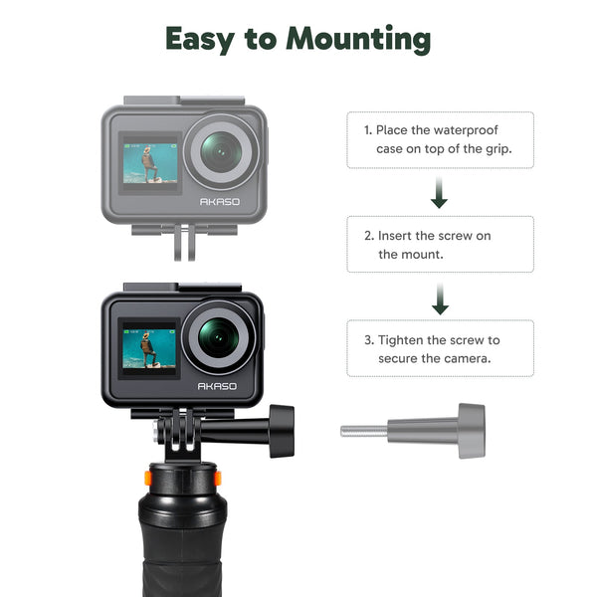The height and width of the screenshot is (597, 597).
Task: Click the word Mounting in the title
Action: [358, 39]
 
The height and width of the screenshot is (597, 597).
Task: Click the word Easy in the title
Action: [200, 39]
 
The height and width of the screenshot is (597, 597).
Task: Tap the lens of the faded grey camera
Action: [221, 151]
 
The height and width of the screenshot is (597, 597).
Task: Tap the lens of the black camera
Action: [218, 338]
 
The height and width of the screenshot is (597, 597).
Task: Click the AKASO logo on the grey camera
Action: [220, 201]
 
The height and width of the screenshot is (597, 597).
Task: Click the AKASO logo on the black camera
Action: [217, 386]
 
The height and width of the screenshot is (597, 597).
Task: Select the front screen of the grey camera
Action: [150, 163]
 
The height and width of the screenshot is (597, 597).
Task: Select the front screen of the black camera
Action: [149, 348]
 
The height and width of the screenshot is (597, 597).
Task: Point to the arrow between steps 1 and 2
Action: [439, 192]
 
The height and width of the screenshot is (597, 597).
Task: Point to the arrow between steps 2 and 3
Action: [440, 298]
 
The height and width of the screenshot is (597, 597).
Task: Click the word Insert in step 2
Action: [394, 236]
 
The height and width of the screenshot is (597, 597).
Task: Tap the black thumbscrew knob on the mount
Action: [282, 431]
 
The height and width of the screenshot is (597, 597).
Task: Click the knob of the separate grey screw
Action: [472, 431]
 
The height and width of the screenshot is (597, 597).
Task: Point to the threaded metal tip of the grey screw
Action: [364, 431]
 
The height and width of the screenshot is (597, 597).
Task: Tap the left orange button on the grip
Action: [147, 478]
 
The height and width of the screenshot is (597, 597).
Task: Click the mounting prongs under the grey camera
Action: [185, 243]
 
